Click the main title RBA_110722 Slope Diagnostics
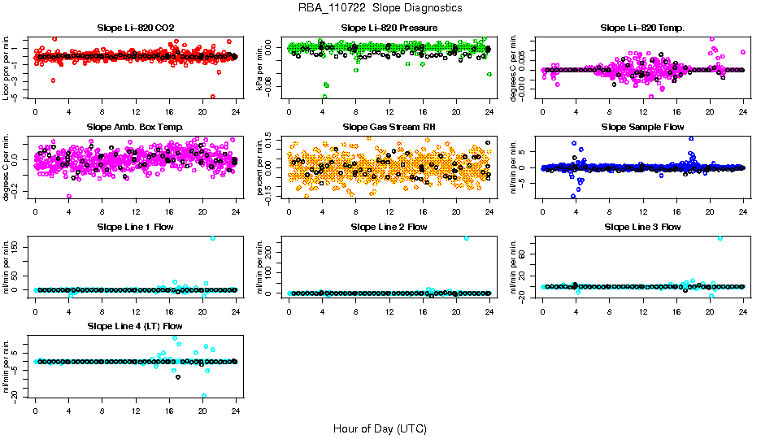pos(380,8)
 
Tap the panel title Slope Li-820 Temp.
pos(642,28)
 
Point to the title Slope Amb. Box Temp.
pos(136,128)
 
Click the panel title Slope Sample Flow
pos(642,128)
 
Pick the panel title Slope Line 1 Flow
pos(136,227)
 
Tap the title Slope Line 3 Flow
pos(642,227)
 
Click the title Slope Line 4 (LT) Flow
pos(136,326)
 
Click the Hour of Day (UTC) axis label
pos(380,428)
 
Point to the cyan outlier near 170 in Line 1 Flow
pos(213,237)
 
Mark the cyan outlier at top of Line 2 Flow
pos(467,237)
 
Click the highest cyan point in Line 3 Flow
pos(720,237)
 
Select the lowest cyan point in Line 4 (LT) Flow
pos(203,396)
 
